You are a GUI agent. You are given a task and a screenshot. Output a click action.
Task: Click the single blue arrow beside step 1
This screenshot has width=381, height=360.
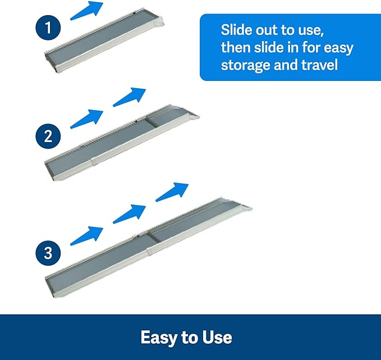(87, 10)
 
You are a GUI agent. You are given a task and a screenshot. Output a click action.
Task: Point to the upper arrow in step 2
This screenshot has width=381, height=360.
(130, 97)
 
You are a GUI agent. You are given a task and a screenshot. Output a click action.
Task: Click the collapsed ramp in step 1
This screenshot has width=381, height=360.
(107, 40)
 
